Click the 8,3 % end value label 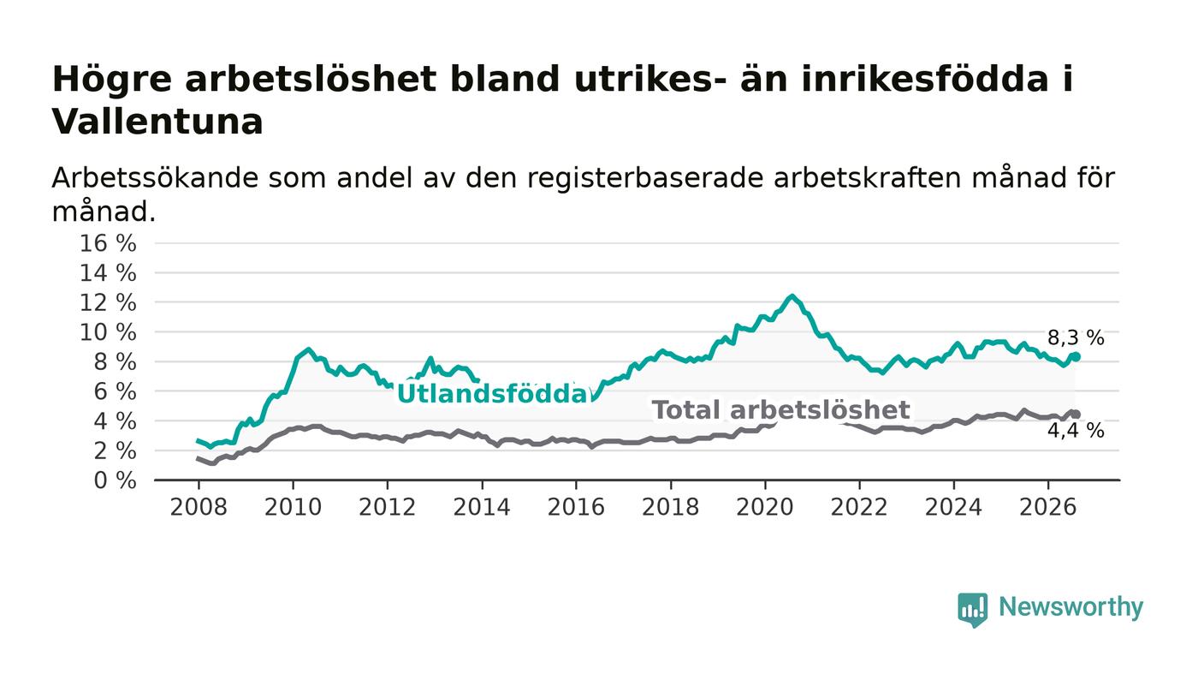pyautogui.click(x=1076, y=337)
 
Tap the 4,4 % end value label pyautogui.click(x=1076, y=431)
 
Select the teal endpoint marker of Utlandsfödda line pyautogui.click(x=1076, y=356)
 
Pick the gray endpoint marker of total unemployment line pyautogui.click(x=1076, y=415)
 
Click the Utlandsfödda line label pyautogui.click(x=493, y=394)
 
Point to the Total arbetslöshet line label pyautogui.click(x=780, y=411)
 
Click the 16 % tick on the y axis pyautogui.click(x=108, y=243)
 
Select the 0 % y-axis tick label pyautogui.click(x=115, y=480)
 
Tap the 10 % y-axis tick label pyautogui.click(x=108, y=332)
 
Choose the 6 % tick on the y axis pyautogui.click(x=115, y=392)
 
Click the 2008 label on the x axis pyautogui.click(x=199, y=507)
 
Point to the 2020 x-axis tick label pyautogui.click(x=765, y=507)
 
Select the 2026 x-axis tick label pyautogui.click(x=1047, y=507)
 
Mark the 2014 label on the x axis pyautogui.click(x=482, y=507)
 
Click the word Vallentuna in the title pyautogui.click(x=157, y=122)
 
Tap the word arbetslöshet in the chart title pyautogui.click(x=311, y=80)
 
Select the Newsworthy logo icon pyautogui.click(x=972, y=609)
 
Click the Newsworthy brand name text pyautogui.click(x=1070, y=606)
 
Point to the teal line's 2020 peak pyautogui.click(x=792, y=296)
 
